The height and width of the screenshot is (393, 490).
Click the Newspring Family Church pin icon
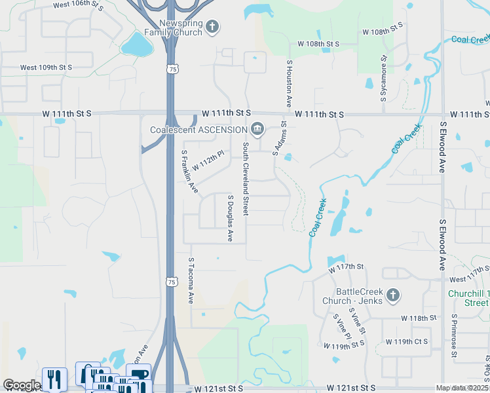pyautogui.click(x=212, y=27)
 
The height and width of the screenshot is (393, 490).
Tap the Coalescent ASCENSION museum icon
pyautogui.click(x=257, y=129)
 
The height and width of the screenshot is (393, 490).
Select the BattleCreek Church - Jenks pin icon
pyautogui.click(x=392, y=295)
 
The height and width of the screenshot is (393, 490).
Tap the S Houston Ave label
pyautogui.click(x=289, y=84)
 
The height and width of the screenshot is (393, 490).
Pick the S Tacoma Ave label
pyautogui.click(x=191, y=280)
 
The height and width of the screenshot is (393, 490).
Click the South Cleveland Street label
pyautogui.click(x=246, y=179)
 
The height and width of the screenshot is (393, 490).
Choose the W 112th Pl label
pyautogui.click(x=208, y=161)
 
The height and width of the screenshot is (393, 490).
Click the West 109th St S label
pyautogui.click(x=46, y=67)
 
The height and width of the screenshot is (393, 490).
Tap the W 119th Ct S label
pyautogui.click(x=406, y=342)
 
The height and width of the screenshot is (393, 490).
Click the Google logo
pyautogui.click(x=22, y=385)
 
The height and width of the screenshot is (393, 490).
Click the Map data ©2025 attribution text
pyautogui.click(x=462, y=388)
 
